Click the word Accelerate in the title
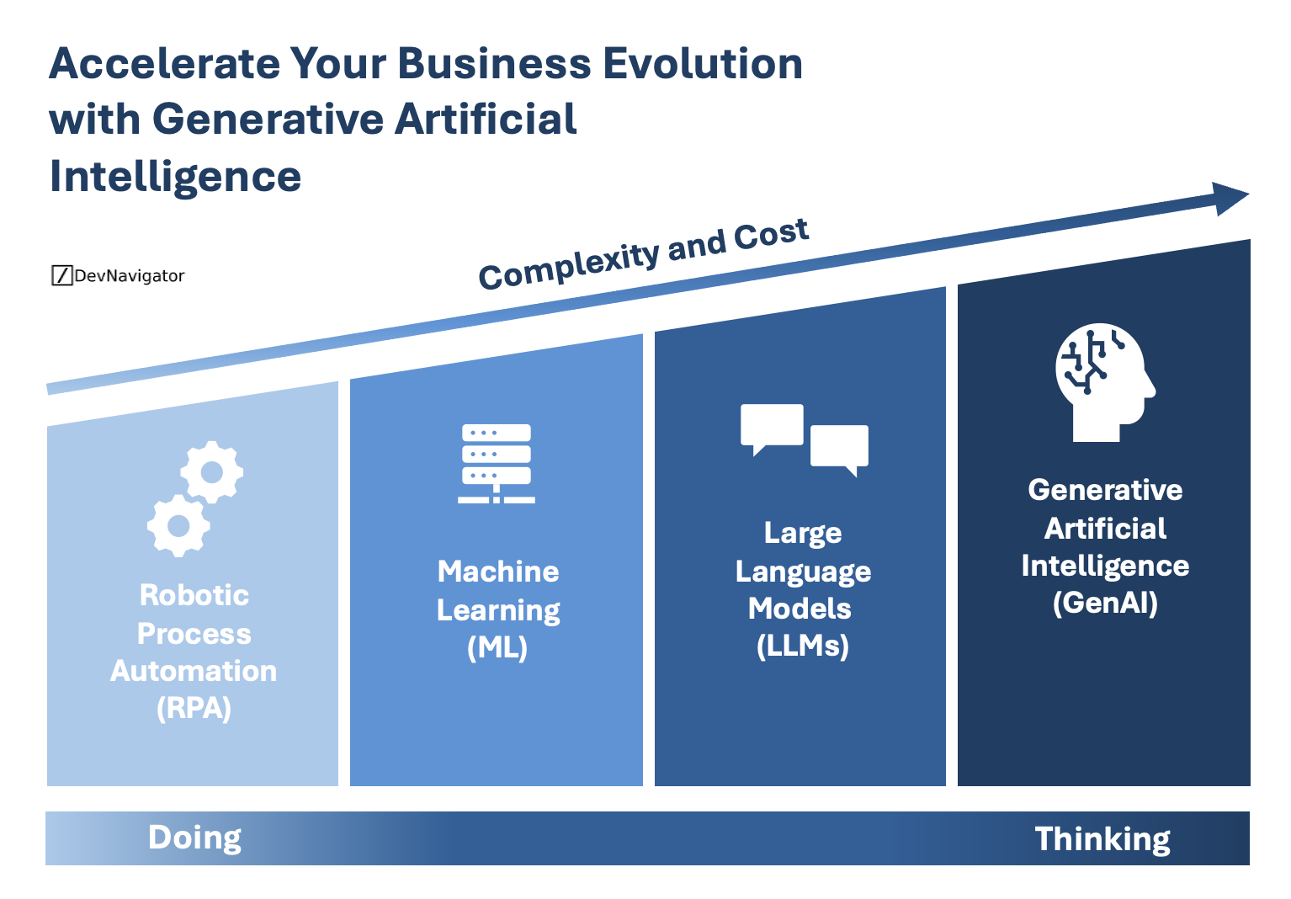(164, 64)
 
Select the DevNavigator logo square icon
(61, 275)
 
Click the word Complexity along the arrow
(568, 264)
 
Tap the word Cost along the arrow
(771, 234)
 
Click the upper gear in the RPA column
(211, 472)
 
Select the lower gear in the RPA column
(178, 526)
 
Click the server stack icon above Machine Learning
(497, 463)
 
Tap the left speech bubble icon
(771, 427)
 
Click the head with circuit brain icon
(1103, 380)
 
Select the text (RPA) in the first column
(194, 709)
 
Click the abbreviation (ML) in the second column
(497, 647)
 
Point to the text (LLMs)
(802, 646)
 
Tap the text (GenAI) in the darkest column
(1105, 603)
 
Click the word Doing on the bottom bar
(194, 838)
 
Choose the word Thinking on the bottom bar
(1102, 839)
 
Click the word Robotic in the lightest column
(194, 595)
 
